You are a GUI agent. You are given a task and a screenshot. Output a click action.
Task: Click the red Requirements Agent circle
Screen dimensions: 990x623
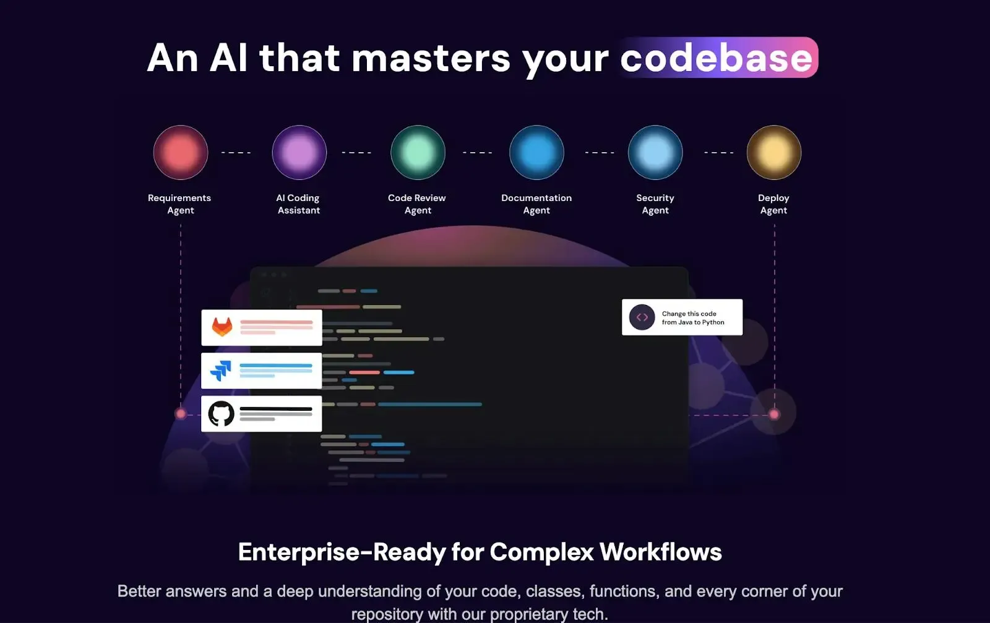(180, 152)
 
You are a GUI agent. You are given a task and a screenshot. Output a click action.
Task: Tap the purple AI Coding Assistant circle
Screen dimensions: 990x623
(299, 152)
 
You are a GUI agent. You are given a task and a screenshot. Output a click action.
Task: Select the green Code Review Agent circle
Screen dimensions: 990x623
(418, 152)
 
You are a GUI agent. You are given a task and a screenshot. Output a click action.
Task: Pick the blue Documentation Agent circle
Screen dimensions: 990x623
(536, 152)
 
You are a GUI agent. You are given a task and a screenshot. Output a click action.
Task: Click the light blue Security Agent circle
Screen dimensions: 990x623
(655, 152)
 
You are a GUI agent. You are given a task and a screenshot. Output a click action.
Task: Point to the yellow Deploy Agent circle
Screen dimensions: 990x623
(774, 152)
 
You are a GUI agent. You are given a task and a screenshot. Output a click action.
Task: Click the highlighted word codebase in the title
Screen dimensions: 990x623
(717, 58)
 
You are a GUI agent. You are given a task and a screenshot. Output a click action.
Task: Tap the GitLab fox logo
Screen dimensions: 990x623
(222, 327)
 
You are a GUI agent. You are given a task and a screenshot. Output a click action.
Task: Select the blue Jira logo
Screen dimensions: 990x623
(220, 370)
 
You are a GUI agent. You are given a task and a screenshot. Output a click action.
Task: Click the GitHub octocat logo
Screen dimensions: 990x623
(221, 413)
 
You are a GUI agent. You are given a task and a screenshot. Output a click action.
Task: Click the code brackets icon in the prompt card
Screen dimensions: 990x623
(642, 317)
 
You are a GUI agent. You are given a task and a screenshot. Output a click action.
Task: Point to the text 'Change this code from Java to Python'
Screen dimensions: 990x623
(693, 317)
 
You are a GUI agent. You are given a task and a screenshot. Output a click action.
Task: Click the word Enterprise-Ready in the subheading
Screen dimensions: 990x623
(342, 552)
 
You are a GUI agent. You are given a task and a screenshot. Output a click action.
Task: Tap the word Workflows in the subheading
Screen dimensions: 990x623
(661, 551)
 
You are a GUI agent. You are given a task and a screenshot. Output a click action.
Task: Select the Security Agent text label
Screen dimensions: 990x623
(655, 204)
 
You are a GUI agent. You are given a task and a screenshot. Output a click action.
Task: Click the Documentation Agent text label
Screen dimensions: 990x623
(536, 204)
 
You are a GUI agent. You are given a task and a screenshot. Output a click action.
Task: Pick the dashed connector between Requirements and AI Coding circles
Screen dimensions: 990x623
(236, 152)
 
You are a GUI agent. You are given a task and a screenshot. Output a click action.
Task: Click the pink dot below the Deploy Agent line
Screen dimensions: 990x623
(774, 414)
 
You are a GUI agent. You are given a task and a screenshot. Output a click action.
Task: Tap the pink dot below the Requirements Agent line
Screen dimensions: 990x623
(180, 413)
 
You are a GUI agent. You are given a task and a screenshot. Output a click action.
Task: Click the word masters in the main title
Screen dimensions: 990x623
(431, 58)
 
